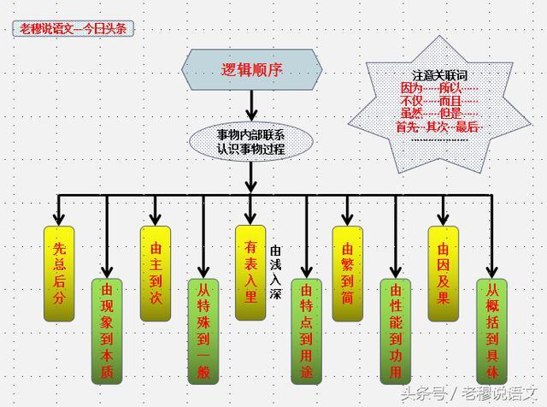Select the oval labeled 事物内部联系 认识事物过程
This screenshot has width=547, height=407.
pos(250,141)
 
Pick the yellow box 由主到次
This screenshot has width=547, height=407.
pos(156,273)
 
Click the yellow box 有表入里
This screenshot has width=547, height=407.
pos(250,273)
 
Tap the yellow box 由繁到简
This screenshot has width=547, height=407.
pos(347,273)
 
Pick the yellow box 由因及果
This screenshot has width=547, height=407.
pos(443,273)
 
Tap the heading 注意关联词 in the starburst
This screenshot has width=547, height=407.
pos(439,75)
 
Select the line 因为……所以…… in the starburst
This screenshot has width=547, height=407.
pos(439,88)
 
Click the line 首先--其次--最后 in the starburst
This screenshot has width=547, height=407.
pos(439,126)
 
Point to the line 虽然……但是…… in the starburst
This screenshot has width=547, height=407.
pos(439,113)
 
